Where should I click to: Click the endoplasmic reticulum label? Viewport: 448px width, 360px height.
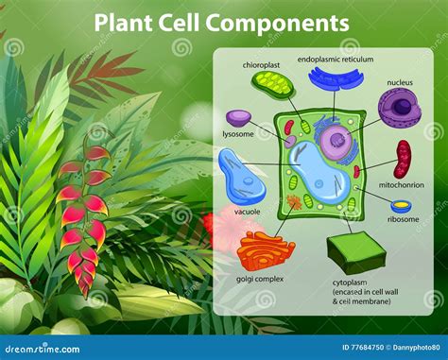(335, 59)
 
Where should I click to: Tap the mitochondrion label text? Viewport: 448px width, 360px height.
(401, 184)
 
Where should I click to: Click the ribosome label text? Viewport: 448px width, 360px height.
(403, 218)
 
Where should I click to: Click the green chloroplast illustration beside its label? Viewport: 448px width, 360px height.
(273, 87)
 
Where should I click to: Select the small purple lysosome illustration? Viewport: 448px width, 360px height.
(239, 118)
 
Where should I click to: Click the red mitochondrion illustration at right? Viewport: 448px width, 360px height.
(404, 159)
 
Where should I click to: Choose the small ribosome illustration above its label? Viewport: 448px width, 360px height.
(402, 206)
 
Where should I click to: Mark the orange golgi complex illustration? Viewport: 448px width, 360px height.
(266, 250)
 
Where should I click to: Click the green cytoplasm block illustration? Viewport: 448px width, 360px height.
(356, 252)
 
